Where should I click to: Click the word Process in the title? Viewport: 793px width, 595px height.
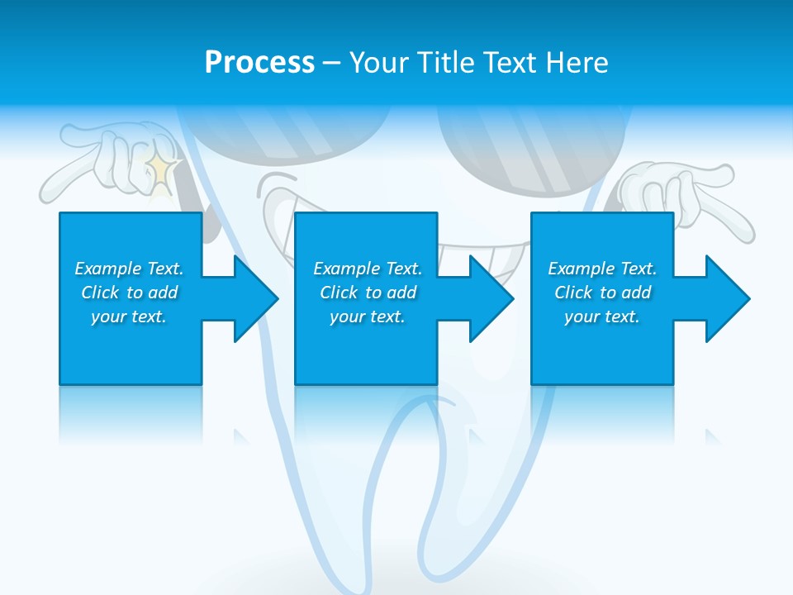coord(259,63)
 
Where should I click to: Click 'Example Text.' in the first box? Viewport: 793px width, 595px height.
coord(129,269)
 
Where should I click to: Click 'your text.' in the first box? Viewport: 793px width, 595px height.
coord(129,317)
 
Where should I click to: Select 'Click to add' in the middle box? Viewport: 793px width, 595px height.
coord(368,293)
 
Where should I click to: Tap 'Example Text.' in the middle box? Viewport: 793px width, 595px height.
coord(368,269)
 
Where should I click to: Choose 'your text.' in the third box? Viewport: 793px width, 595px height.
coord(602,317)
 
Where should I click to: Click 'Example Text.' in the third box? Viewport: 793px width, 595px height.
coord(602,269)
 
